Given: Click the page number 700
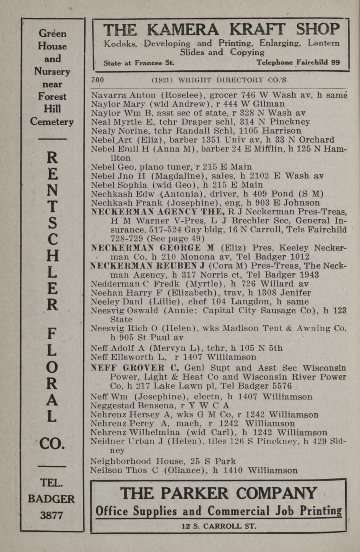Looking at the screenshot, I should click(x=98, y=80).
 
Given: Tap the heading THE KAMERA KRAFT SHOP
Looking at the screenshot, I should click(x=222, y=29).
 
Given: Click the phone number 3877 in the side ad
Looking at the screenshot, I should click(x=52, y=515).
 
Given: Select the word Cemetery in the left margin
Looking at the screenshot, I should click(x=52, y=122).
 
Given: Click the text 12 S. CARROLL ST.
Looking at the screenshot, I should click(x=219, y=526).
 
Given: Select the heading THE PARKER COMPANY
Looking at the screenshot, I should click(x=218, y=493).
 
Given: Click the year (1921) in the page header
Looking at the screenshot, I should click(x=162, y=80).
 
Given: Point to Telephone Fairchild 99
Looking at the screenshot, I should click(x=298, y=62).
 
